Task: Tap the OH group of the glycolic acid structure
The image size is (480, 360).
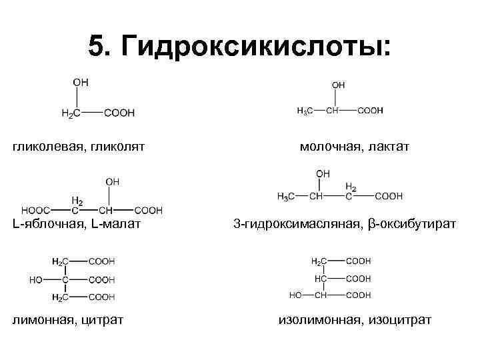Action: (x=80, y=82)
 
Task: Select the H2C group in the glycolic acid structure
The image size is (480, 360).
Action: (x=71, y=114)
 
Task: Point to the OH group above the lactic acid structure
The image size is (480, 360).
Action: (x=338, y=85)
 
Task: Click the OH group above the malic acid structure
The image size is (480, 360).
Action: (x=113, y=181)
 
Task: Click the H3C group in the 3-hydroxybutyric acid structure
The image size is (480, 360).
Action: (x=286, y=196)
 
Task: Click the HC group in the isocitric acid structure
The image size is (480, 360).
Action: (x=320, y=278)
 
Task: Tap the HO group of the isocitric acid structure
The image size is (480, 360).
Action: (x=297, y=295)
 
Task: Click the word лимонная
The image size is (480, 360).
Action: (x=43, y=320)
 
